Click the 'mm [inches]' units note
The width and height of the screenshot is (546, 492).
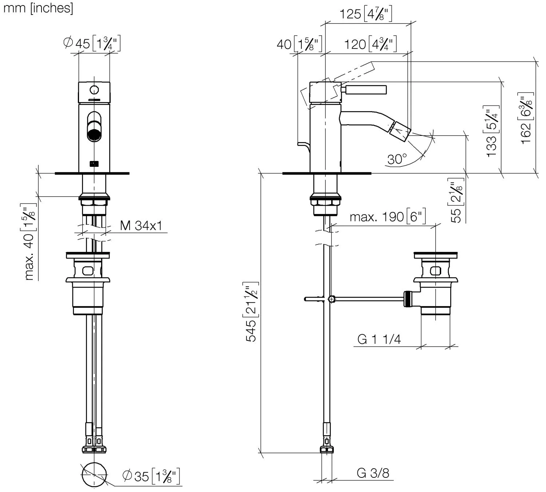click(38, 8)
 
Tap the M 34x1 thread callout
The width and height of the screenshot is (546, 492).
click(141, 226)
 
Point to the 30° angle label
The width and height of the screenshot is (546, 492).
click(397, 159)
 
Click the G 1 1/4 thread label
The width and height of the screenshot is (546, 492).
click(379, 339)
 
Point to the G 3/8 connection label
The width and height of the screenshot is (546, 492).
click(373, 473)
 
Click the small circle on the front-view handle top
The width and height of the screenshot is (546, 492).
click(95, 89)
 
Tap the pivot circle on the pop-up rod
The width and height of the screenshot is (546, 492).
click(331, 299)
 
